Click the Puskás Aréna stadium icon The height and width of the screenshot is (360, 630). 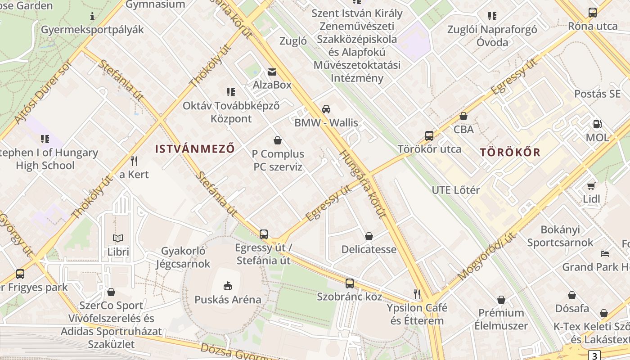point(228,286)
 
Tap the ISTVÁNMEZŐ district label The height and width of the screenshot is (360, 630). point(195,148)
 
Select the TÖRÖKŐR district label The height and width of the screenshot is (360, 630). point(510,152)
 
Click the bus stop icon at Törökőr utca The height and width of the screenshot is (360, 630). point(429,135)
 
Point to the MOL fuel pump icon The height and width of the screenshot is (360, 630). point(598,124)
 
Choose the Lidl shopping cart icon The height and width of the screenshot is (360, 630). point(591,185)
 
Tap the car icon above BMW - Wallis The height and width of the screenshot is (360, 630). point(326,109)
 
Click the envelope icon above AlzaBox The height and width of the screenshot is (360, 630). point(272,72)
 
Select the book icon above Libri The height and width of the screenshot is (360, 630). point(118,238)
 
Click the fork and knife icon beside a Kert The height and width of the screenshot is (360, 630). point(134,161)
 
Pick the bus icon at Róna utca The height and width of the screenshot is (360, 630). point(593,12)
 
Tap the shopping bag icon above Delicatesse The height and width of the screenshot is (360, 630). point(369,236)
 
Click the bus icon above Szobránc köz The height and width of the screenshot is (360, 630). point(350,283)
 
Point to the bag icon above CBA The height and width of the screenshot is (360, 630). point(463,116)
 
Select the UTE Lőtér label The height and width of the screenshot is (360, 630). point(455,190)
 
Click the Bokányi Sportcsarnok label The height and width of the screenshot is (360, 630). point(560,236)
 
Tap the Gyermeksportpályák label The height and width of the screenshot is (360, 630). point(92,30)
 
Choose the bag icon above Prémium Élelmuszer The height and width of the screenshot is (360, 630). point(501,299)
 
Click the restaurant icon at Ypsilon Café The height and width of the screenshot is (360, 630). point(417,294)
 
